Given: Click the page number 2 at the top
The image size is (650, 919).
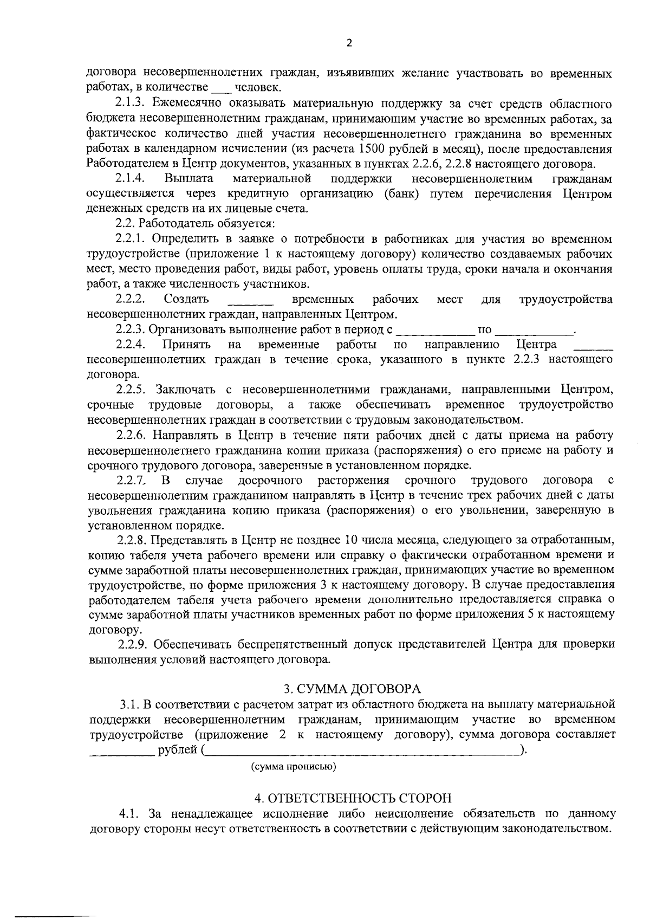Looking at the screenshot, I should pos(349,44).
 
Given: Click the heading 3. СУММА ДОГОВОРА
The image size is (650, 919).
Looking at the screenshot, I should pos(352,689).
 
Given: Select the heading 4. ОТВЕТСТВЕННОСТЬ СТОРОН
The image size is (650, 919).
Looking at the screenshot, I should pos(353,798).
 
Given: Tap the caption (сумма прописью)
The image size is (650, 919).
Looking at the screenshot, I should pos(293,767).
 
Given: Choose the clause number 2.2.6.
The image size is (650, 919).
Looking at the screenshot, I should pos(131,435).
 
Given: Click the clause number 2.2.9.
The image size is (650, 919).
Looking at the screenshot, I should pos(132,644).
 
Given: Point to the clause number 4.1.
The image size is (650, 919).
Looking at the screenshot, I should pos(129,814).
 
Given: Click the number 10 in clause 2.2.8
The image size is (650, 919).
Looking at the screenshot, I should pos(350,540).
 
